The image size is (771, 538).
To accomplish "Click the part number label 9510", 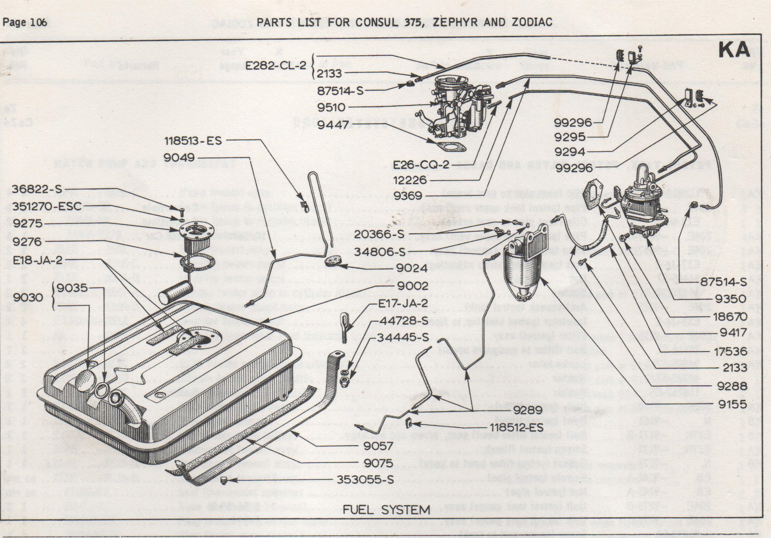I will click(331, 107).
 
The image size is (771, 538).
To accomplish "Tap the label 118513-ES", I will click(193, 141).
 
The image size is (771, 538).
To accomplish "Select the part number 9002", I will click(413, 286).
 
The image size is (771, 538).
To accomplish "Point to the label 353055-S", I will click(365, 480).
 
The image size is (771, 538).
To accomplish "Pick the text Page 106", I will click(25, 22).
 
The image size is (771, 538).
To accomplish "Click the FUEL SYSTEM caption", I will click(386, 510).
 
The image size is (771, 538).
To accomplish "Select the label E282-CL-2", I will click(275, 65).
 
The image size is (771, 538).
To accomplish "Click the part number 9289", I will click(528, 410).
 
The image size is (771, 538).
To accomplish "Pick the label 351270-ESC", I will click(47, 206).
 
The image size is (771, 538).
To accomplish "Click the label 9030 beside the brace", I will click(28, 297).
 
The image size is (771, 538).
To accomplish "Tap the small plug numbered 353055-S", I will click(223, 480).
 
